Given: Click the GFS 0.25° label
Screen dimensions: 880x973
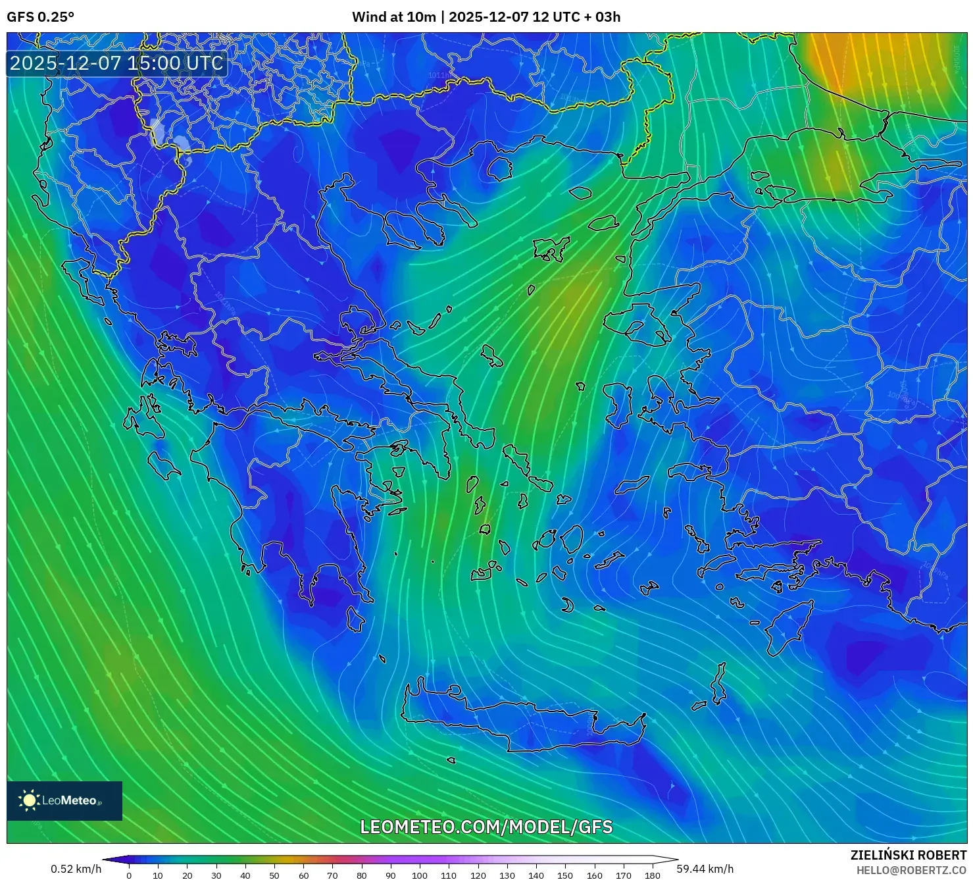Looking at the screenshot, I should point(40,17).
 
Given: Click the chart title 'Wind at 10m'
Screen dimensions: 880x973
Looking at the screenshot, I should point(393,17).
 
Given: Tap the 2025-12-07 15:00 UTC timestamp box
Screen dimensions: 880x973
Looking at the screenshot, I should point(116,63).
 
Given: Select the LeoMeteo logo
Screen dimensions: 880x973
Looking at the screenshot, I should point(64,800).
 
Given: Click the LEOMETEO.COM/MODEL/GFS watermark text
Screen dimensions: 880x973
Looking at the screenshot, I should point(486,827).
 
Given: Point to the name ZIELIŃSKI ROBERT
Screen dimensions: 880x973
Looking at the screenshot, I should point(909,855).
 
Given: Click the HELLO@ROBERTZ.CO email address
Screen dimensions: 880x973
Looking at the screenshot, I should point(911,870).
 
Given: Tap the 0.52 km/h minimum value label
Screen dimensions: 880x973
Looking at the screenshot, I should point(76,869).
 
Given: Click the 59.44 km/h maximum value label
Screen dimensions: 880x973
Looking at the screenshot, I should point(705,869).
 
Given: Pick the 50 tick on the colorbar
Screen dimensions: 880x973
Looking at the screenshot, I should point(274,875).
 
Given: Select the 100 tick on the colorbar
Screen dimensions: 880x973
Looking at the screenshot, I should point(420,875).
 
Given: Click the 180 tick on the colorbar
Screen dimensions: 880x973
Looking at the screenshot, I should point(652,875).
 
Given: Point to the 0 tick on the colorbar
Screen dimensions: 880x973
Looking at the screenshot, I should point(129,875).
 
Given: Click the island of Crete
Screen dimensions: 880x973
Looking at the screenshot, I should point(526,721).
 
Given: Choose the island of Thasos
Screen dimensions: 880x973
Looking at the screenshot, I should point(499,168).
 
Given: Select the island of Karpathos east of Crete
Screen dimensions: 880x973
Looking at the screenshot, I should point(718,685).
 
